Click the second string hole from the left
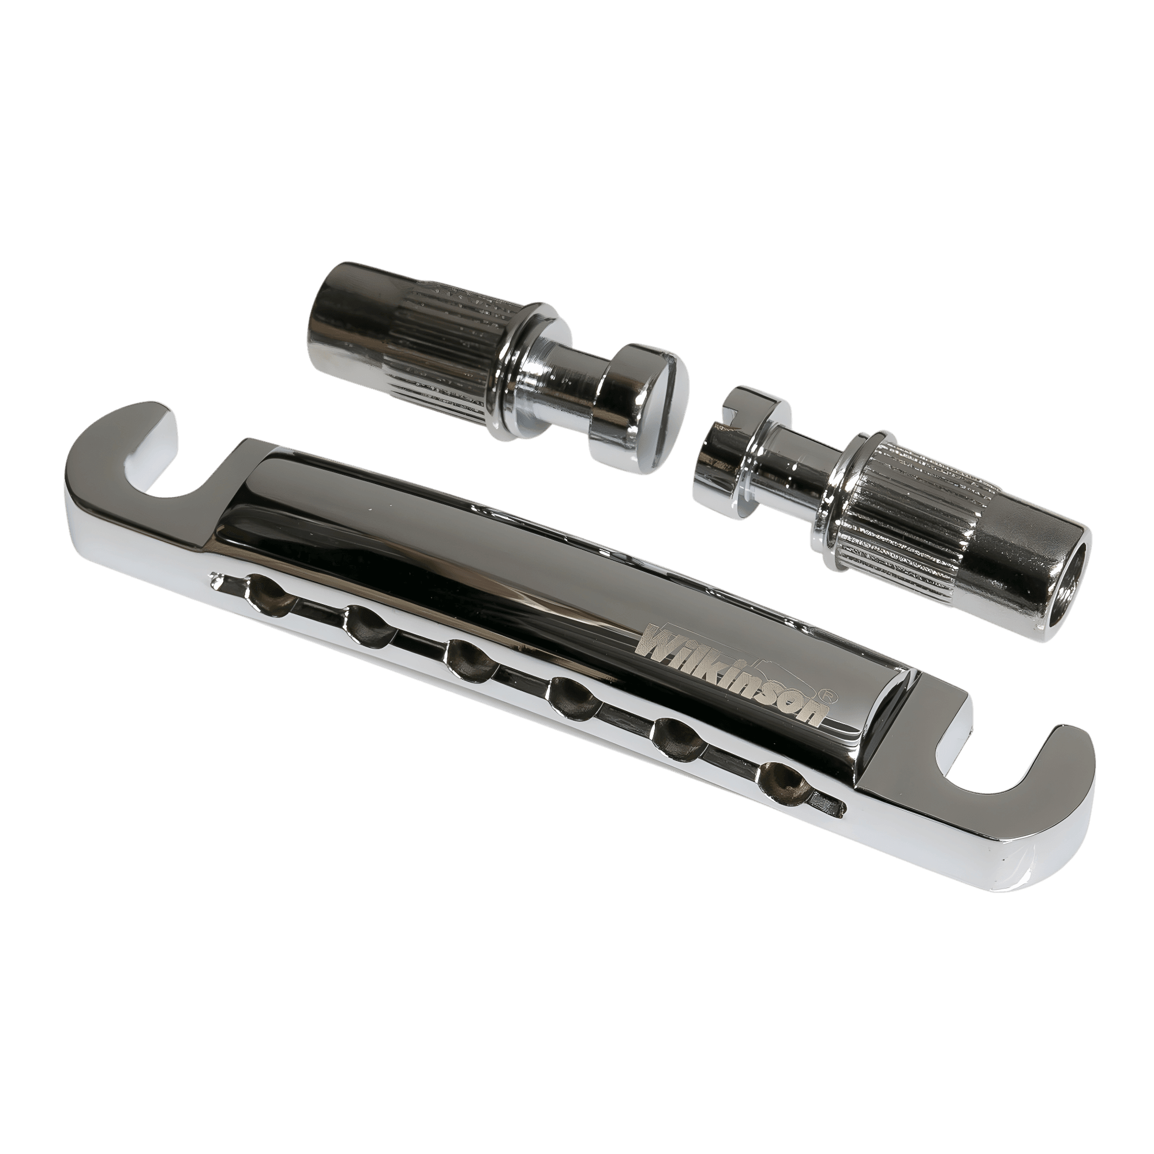click(369, 625)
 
